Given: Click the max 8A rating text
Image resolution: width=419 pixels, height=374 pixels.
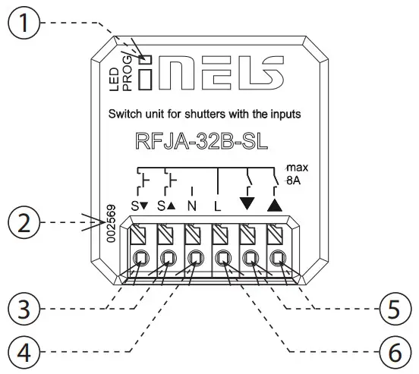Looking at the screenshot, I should pos(293,174).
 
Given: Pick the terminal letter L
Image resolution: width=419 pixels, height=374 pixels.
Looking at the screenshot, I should pos(219,206).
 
